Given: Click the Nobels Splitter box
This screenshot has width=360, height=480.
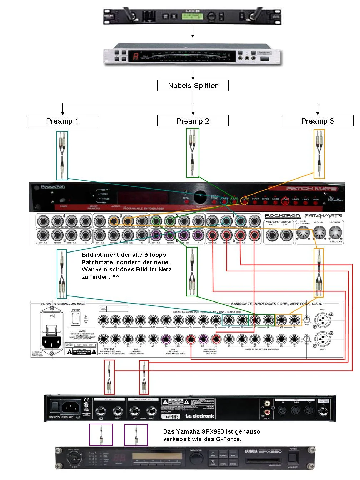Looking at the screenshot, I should [192, 86].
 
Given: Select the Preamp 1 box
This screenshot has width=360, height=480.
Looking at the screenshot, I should [62, 121].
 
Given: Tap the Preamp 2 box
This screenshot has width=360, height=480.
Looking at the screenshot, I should [192, 121].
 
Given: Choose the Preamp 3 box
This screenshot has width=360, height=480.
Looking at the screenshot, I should [317, 121].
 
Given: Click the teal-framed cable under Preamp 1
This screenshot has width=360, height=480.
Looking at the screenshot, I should [62, 155].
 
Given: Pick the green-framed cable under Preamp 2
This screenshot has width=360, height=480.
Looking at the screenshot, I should [192, 153].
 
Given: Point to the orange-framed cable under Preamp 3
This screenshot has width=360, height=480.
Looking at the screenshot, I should [319, 154].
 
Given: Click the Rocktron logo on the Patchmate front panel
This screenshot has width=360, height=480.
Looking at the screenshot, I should [53, 187].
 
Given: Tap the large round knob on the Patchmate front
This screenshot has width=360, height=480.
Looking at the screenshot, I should [200, 195].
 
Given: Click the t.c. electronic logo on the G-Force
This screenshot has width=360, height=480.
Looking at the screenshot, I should [200, 416].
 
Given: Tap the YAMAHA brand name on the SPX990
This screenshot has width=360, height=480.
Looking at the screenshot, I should [251, 451].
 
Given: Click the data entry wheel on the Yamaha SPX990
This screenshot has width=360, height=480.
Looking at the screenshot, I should [196, 459].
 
